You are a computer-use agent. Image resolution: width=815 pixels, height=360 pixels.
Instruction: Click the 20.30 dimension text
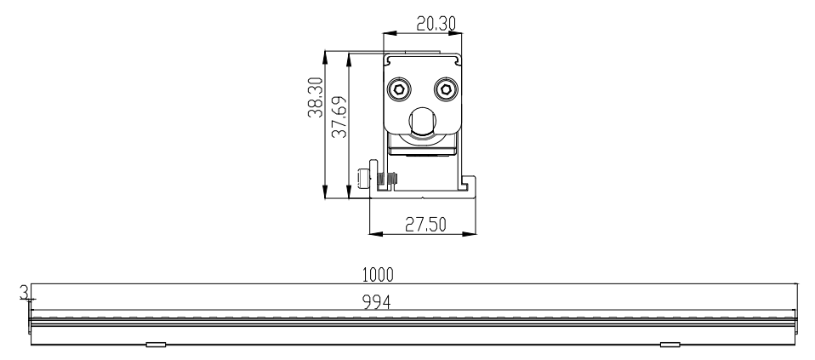coord(436,24)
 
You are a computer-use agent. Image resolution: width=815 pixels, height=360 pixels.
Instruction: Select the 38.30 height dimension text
coord(315,97)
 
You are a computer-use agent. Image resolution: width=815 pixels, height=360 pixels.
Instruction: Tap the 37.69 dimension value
coord(339,117)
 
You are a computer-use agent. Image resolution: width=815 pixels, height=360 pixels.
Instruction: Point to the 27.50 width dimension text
coord(425,224)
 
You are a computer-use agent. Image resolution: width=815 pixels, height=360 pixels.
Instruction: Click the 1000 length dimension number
coord(378,275)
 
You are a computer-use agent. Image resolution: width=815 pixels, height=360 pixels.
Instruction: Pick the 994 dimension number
coord(377,302)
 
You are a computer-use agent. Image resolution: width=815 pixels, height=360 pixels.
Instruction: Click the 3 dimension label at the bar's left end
coord(23,293)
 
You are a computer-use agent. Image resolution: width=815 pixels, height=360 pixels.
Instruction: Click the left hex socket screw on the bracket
coord(399,89)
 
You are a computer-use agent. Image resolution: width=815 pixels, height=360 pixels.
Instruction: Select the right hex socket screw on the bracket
coord(446,89)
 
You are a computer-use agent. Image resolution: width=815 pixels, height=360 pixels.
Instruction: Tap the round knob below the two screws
coord(423,121)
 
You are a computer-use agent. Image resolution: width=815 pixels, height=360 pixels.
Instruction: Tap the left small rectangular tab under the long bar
coord(156,345)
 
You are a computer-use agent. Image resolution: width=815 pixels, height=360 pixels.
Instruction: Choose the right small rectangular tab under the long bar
coord(670,345)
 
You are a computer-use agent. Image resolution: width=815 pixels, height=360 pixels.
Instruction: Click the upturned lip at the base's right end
coord(471,186)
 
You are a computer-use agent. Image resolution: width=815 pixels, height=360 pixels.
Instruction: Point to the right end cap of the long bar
coord(796,313)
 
